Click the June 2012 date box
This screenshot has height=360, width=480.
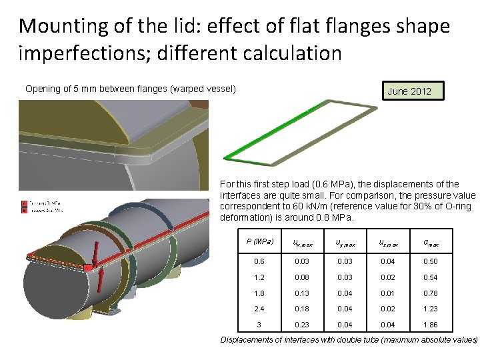coord(409,91)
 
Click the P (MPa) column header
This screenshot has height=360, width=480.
coord(259,241)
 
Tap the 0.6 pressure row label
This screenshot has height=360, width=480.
coord(259,262)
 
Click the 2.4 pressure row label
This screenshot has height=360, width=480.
coord(259,309)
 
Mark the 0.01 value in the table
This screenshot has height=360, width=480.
coord(387,293)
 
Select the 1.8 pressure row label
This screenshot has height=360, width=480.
coord(259,293)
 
